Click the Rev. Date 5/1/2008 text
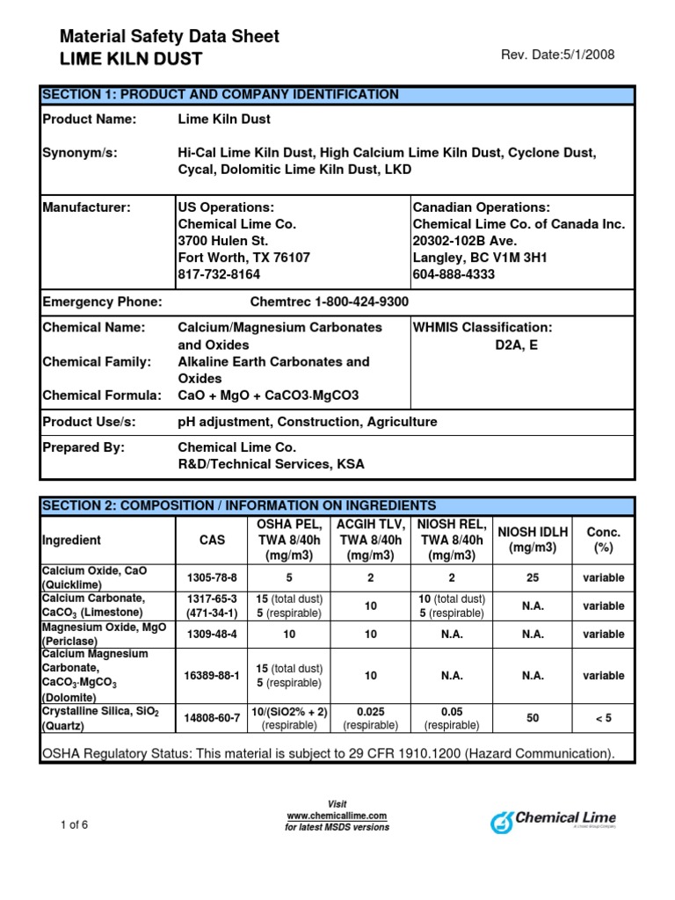[557, 54]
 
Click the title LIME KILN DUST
[131, 59]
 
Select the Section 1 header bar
[337, 95]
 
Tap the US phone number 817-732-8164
[219, 274]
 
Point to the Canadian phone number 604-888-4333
[454, 274]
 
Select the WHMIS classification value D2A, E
[516, 345]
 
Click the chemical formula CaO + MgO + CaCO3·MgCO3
[268, 396]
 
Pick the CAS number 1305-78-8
[212, 577]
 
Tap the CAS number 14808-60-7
[212, 718]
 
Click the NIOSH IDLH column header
[533, 540]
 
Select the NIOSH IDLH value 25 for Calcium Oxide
[533, 577]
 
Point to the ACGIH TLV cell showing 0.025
[370, 711]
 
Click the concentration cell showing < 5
[603, 718]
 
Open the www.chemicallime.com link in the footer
[337, 816]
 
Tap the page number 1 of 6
[74, 824]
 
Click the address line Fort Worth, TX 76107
[243, 258]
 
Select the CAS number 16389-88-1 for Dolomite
[212, 676]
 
